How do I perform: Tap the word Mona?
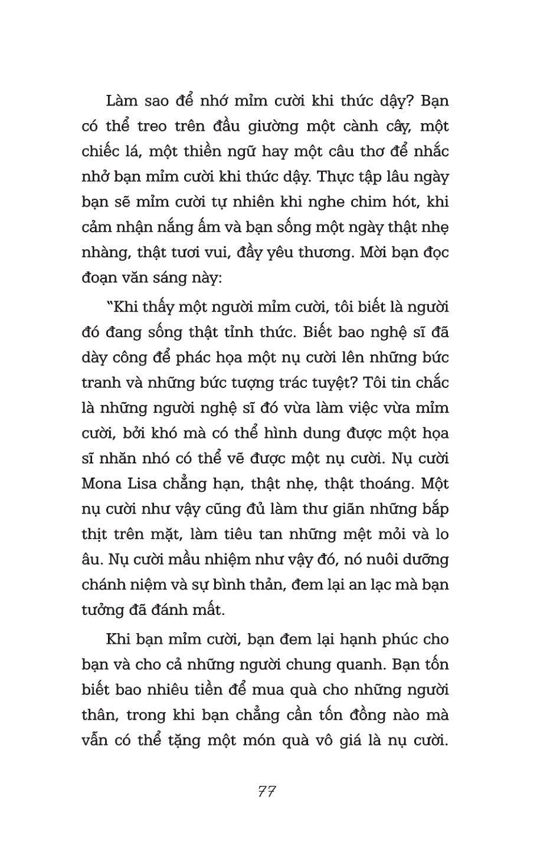(x=104, y=483)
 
